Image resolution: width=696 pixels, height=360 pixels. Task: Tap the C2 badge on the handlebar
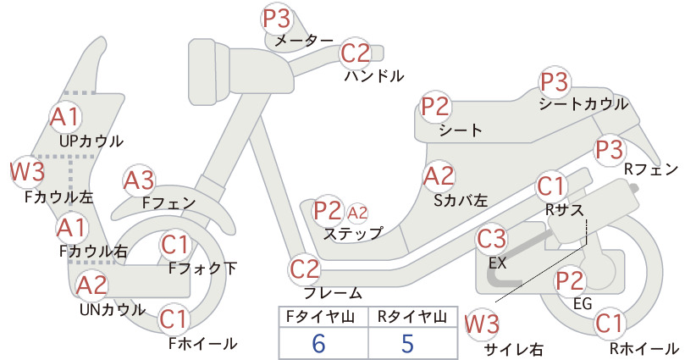(356, 53)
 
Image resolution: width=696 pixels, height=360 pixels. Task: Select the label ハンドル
(374, 76)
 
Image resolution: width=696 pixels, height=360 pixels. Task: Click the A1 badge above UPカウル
(65, 116)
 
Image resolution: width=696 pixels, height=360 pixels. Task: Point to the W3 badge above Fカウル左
(28, 172)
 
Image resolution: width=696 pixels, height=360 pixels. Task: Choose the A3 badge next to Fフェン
(139, 180)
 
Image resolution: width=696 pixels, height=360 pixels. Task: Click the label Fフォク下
(203, 269)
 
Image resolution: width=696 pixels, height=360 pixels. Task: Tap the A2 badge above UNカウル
(92, 285)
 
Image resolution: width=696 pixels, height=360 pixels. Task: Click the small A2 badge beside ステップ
(357, 213)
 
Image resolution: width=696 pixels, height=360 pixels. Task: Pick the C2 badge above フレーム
(305, 269)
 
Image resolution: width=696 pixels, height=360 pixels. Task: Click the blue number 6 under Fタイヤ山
(318, 343)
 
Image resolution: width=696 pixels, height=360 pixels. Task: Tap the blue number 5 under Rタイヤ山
(407, 343)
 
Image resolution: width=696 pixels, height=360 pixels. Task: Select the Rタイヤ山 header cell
(412, 317)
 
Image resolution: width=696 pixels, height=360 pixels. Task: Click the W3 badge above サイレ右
(482, 324)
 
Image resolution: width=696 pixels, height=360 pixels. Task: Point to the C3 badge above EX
(491, 239)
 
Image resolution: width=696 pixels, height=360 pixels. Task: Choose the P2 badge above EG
(570, 280)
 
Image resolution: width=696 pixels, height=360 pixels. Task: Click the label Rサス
(565, 210)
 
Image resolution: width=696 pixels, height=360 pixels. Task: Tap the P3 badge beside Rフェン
(610, 150)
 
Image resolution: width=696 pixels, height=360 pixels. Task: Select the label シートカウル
(583, 104)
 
